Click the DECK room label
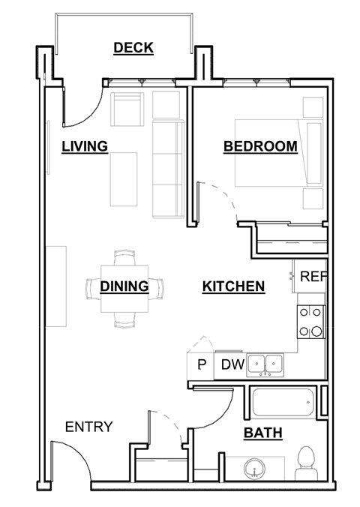pos(133,48)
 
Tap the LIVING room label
pos(85,146)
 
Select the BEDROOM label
pos(260,147)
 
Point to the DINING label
pos(124,286)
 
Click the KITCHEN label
pos(233,286)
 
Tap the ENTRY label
pos(88,427)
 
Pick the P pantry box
pos(201,365)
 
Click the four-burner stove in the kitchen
pos(311,321)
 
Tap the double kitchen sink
pos(266,365)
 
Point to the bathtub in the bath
pos(282,406)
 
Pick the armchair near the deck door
pos(127,110)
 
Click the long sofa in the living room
pos(167,167)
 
